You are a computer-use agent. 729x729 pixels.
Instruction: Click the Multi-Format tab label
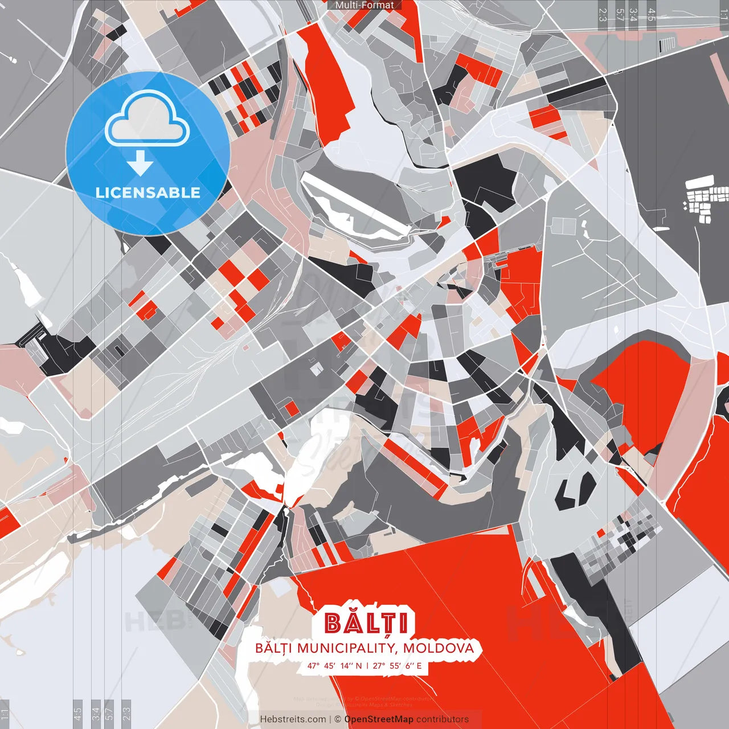click(x=364, y=5)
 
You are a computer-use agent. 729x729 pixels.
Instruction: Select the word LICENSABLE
click(x=148, y=193)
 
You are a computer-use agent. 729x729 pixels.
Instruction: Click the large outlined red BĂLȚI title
click(x=366, y=623)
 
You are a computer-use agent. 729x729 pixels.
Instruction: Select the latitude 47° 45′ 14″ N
click(x=334, y=665)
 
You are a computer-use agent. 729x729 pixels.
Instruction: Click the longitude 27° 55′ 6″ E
click(x=398, y=665)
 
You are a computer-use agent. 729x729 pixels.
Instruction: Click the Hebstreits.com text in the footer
click(x=293, y=719)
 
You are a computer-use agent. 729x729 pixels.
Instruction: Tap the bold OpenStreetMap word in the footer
click(x=379, y=719)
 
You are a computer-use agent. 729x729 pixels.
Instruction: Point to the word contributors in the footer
click(x=443, y=719)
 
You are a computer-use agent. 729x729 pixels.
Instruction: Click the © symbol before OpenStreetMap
click(x=338, y=719)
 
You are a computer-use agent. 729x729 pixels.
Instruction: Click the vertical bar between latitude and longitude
click(x=367, y=665)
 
